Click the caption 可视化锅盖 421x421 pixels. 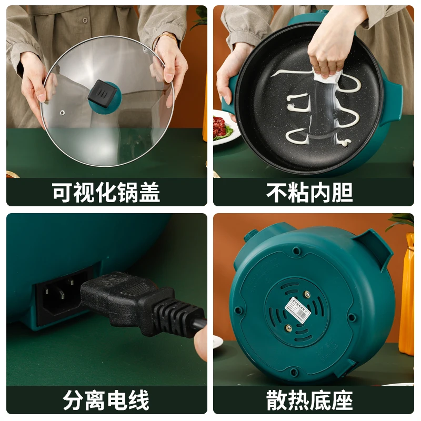[x=106, y=193]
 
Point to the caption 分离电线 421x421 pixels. [x=106, y=400]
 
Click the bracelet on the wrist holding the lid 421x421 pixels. [x=168, y=37]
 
